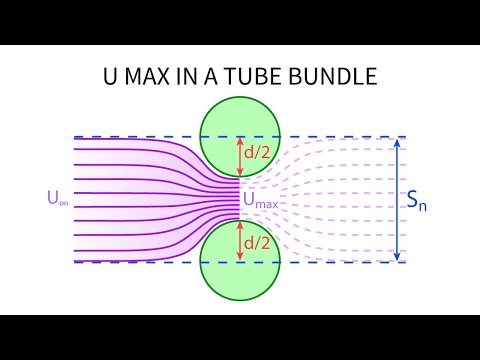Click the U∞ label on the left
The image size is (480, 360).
[58, 199]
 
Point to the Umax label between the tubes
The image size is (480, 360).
[261, 200]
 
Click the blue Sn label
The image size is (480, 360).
[419, 201]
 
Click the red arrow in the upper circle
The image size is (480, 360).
[240, 154]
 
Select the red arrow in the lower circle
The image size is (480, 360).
[240, 243]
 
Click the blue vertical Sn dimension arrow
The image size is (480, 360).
[398, 199]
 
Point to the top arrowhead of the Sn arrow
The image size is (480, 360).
[398, 141]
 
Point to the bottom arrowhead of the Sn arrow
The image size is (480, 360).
[398, 258]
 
